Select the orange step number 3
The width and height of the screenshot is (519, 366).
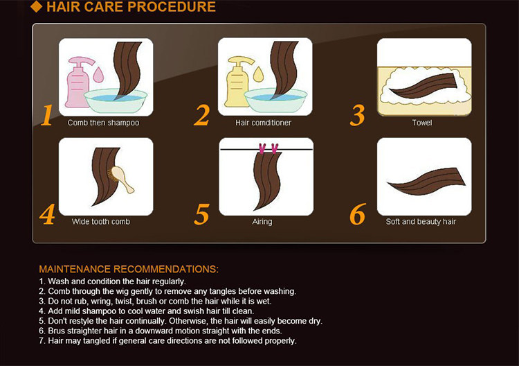358,115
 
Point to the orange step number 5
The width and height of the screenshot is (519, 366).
202,214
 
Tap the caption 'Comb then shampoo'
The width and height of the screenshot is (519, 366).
103,123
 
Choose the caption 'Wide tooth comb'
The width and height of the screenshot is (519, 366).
100,221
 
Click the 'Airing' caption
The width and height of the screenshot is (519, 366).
262,222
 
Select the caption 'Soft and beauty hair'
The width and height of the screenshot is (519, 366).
421,221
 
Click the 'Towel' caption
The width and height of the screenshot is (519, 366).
422,123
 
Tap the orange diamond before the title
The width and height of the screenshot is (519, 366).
36,6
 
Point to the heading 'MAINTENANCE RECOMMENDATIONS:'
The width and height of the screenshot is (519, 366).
129,269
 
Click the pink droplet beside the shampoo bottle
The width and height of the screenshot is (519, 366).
98,75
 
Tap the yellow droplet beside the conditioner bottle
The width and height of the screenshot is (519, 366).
258,74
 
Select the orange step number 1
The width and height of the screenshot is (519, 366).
46,115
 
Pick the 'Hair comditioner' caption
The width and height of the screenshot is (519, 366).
263,123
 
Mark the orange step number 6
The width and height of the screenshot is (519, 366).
358,214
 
